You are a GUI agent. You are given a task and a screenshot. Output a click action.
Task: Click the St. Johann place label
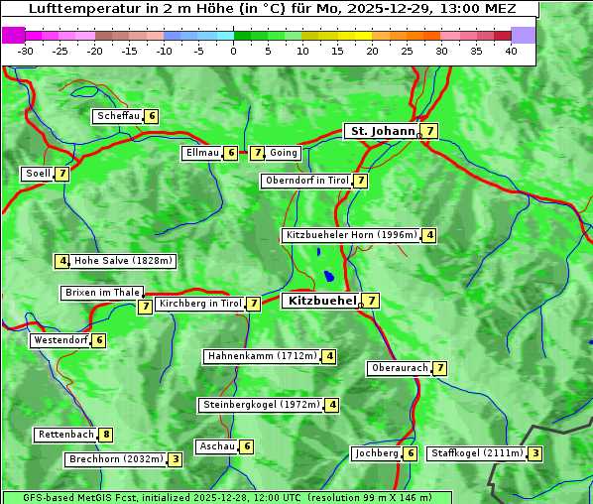pyautogui.click(x=381, y=131)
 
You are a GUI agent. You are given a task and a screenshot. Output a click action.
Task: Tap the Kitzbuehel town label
pyautogui.click(x=320, y=301)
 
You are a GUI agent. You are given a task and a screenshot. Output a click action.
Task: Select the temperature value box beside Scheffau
pyautogui.click(x=151, y=116)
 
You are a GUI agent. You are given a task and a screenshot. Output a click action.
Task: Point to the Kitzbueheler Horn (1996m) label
pyautogui.click(x=351, y=235)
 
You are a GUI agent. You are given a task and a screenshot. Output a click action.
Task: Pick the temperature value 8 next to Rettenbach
pyautogui.click(x=106, y=435)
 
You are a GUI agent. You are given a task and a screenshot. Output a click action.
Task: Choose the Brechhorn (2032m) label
pyautogui.click(x=115, y=459)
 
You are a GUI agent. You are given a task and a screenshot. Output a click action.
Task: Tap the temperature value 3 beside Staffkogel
pyautogui.click(x=535, y=453)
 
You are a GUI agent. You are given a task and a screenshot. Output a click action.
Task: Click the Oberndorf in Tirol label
pyautogui.click(x=306, y=181)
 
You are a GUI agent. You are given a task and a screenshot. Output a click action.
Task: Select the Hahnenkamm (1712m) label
pyautogui.click(x=262, y=356)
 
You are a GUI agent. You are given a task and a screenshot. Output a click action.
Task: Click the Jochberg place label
pyautogui.click(x=376, y=453)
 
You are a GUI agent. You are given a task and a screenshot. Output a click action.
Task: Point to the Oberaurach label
pyautogui.click(x=399, y=368)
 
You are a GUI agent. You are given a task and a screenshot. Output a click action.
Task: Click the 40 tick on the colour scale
pyautogui.click(x=511, y=51)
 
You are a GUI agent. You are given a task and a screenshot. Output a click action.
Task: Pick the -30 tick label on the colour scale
pyautogui.click(x=26, y=51)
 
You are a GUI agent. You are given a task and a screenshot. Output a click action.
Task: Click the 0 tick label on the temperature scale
pyautogui.click(x=234, y=51)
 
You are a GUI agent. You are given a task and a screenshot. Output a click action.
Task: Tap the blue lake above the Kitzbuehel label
pyautogui.click(x=327, y=276)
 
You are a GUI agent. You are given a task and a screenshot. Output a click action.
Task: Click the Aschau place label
pyautogui.click(x=217, y=446)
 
